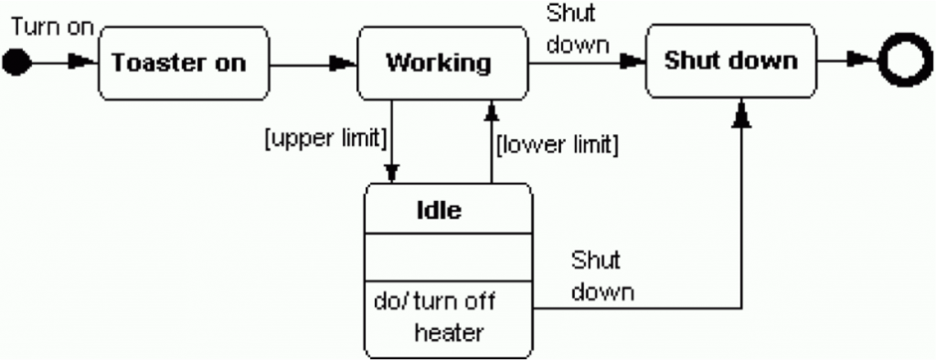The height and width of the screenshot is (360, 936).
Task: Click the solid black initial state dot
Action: pos(18,62)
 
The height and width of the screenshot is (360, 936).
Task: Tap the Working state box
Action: pos(438,62)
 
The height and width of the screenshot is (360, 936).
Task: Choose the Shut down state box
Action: pos(729,61)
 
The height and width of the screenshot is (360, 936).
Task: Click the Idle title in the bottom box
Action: pos(439,210)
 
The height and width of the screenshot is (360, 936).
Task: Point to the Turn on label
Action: pos(52,26)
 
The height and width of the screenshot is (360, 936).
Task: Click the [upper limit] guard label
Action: pos(324,138)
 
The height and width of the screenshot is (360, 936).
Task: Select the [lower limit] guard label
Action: pos(557,145)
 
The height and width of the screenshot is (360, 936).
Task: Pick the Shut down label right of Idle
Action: pos(601,276)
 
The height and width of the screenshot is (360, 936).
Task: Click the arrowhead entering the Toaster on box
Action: pos(85,62)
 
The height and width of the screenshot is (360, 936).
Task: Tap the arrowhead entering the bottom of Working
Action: pos(491,111)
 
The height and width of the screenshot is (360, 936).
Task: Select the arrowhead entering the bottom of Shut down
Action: pos(742,113)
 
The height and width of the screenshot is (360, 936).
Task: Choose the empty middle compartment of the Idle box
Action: pos(448,257)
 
